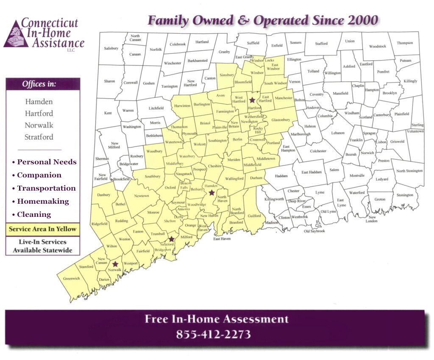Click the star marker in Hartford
252,100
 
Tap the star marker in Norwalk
115,264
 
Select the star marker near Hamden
211,193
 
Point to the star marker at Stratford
172,239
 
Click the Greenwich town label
71,279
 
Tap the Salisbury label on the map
111,49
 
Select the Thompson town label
405,43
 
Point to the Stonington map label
405,195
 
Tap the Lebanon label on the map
338,133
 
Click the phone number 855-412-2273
213,335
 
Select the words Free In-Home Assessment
216,319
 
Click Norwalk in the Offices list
39,125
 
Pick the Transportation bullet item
46,188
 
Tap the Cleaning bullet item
34,215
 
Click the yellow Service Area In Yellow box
43,229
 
